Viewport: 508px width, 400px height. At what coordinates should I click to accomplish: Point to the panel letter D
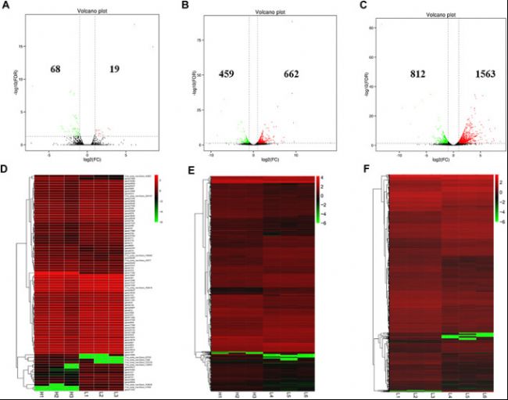pos(9,167)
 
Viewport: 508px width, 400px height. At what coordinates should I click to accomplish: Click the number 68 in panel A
pos(55,70)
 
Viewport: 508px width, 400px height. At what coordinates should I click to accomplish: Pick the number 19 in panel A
pos(114,70)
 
